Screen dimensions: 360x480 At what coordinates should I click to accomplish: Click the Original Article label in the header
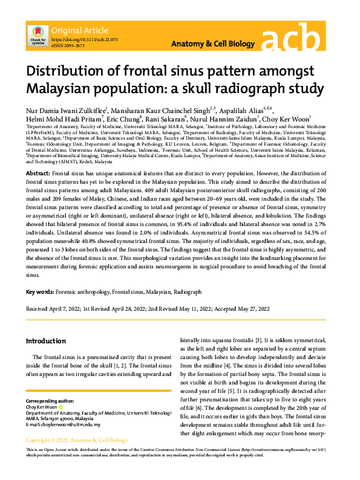tap(80, 30)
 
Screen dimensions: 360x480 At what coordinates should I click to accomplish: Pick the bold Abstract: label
tap(38, 174)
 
